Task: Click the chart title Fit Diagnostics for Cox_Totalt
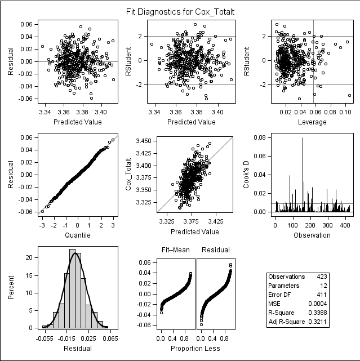[x=180, y=11]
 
